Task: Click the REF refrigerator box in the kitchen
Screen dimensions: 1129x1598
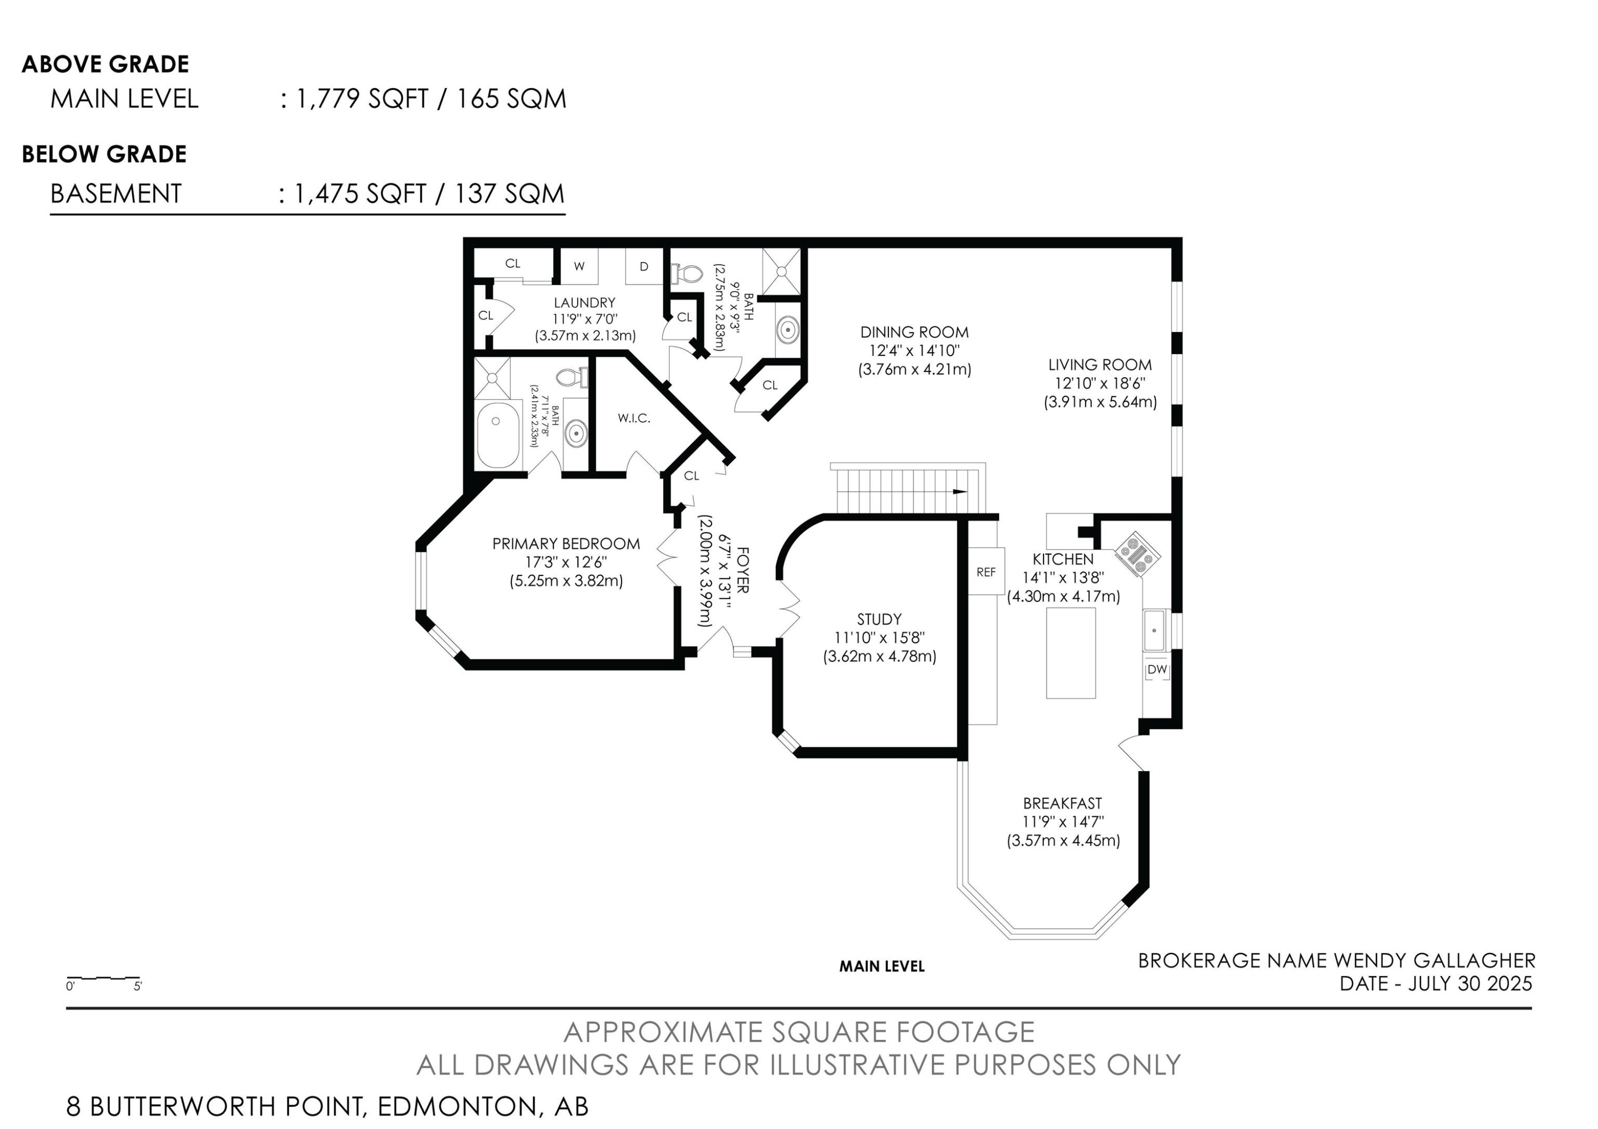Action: (985, 572)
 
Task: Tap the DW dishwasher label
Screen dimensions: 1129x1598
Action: (1157, 670)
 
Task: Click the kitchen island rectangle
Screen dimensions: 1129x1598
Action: (1071, 652)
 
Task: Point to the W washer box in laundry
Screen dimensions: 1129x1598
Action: (579, 266)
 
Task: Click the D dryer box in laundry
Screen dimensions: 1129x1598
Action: (644, 266)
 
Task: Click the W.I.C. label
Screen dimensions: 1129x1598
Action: (633, 418)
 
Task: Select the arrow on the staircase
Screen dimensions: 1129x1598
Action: (959, 491)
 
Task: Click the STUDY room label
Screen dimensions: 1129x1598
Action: (879, 619)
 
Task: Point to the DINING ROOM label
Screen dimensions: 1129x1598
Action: (914, 332)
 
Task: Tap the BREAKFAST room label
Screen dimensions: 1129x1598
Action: (1062, 803)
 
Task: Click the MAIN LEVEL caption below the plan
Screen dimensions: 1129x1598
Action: (881, 966)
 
